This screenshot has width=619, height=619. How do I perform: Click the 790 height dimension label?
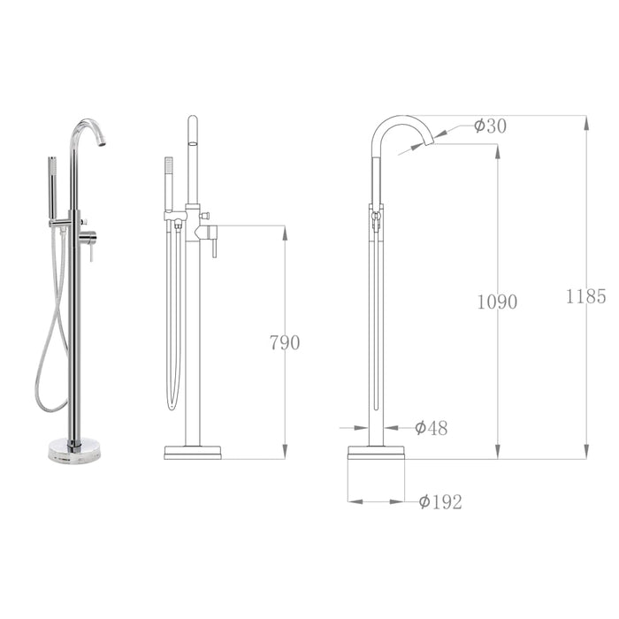click(x=285, y=343)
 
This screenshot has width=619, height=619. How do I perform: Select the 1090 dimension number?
click(x=498, y=302)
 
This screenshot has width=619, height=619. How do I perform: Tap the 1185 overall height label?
click(x=586, y=296)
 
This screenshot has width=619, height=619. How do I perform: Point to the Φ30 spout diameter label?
click(x=490, y=126)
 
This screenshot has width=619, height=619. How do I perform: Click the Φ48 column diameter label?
click(x=431, y=429)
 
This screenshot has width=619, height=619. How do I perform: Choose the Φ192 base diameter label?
click(x=440, y=502)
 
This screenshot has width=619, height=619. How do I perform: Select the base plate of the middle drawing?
click(x=193, y=452)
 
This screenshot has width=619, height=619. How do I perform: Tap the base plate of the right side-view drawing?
click(x=376, y=452)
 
